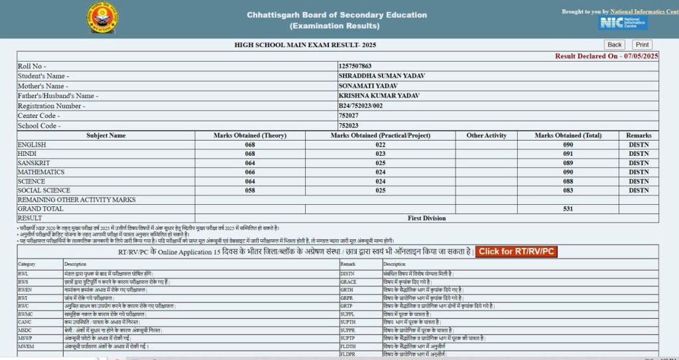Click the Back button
point(615,45)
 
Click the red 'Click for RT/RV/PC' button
point(517,252)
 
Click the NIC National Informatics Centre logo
point(623,23)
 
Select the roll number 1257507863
point(355,66)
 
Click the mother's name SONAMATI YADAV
point(368,86)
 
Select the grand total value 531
point(568,209)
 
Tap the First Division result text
point(427,218)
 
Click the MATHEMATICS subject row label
point(41,172)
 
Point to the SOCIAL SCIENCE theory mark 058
point(250,191)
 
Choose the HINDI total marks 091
point(568,154)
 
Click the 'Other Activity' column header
point(486,135)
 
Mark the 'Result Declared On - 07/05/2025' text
point(606,56)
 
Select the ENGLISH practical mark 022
point(381,145)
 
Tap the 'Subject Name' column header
point(106,135)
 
